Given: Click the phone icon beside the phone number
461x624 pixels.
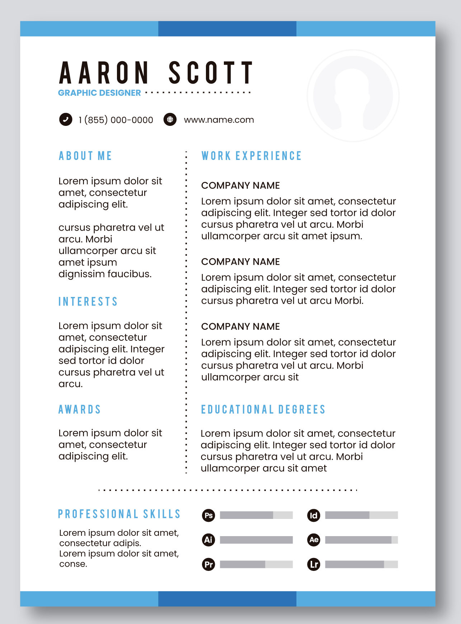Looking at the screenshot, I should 66,119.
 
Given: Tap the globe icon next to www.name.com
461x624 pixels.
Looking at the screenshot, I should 170,119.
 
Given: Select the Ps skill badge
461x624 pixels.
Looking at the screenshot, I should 208,515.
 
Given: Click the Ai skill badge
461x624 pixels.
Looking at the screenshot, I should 208,540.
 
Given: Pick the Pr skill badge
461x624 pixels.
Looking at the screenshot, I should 208,564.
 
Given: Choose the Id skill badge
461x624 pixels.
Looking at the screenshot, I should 314,515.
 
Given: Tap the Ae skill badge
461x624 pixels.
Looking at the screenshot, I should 314,540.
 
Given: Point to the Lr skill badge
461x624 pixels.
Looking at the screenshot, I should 314,564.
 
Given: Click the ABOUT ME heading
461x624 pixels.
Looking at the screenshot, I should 85,156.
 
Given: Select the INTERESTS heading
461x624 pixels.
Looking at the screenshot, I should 88,302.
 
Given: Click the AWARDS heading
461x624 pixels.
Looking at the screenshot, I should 80,410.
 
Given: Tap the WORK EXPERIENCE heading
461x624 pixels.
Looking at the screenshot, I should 251,156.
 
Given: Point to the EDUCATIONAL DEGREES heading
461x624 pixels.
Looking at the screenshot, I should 263,410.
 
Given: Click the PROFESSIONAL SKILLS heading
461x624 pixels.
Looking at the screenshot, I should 119,514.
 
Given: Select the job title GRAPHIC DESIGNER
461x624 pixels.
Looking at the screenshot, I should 99,93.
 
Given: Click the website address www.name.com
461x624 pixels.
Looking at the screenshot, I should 219,120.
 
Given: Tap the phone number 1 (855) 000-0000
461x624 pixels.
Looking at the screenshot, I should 116,120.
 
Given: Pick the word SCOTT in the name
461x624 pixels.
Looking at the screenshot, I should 211,73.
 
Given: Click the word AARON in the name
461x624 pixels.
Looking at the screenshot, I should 104,73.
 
